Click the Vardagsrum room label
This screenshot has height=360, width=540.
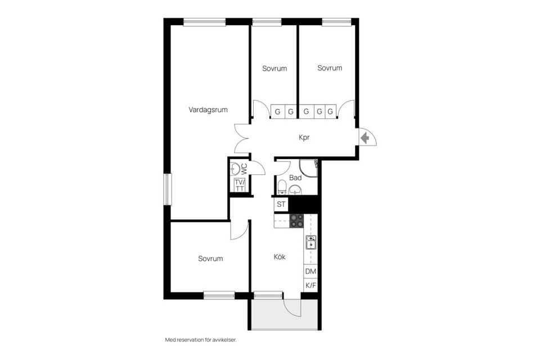tap(208, 110)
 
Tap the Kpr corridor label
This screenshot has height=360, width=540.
tap(304, 137)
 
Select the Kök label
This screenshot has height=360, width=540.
tap(280, 257)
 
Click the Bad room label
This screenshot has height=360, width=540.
tap(295, 178)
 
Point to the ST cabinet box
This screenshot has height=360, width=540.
tap(281, 204)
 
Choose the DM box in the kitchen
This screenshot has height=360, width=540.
tap(310, 271)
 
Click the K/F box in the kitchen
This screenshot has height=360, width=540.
tap(310, 286)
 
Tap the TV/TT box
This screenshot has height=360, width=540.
tap(240, 186)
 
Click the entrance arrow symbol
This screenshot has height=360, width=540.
tap(364, 137)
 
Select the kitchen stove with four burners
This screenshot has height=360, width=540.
tap(296, 220)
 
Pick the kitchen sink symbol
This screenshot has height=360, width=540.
tap(310, 242)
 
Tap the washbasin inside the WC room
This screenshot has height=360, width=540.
tap(236, 168)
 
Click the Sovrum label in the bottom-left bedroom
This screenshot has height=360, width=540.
tap(210, 259)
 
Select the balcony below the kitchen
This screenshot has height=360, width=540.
tap(283, 318)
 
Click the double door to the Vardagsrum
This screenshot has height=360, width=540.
tap(242, 138)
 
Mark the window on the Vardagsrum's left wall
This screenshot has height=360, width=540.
tap(167, 189)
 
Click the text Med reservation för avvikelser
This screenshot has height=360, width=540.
tap(200, 340)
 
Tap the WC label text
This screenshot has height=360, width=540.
tap(244, 168)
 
